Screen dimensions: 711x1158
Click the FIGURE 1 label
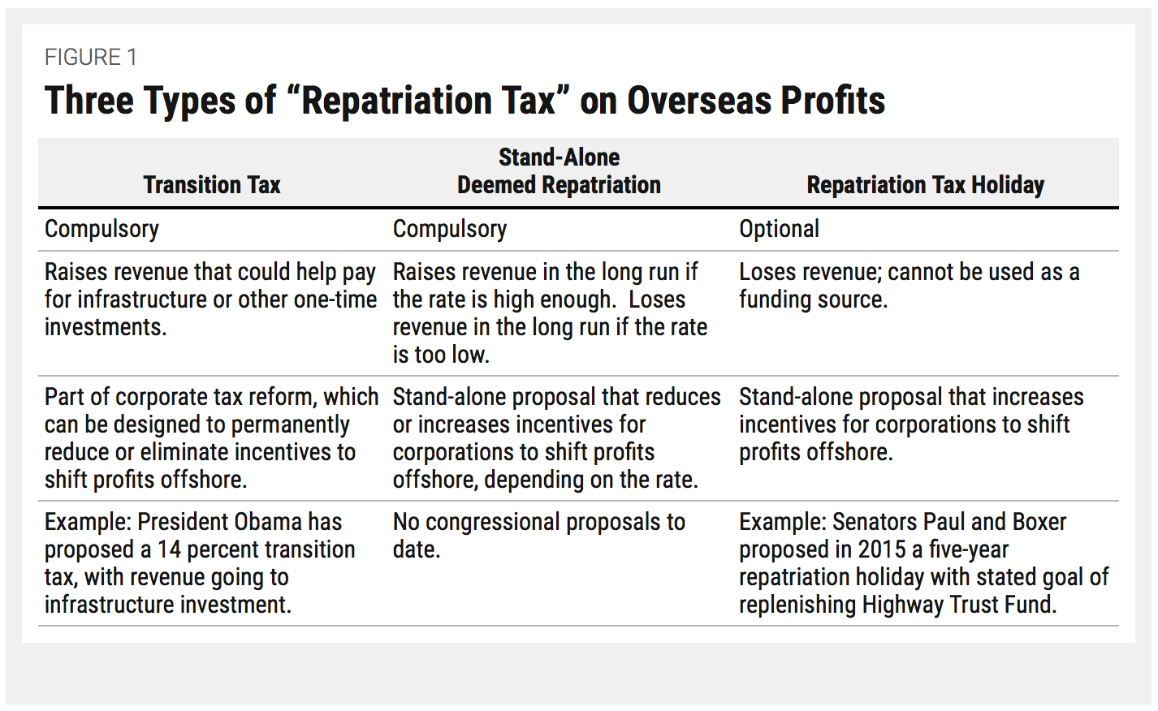point(90,58)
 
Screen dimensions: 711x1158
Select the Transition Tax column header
point(212,185)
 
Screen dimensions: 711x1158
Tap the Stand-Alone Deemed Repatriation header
point(559,171)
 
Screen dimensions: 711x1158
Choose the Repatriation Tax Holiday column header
point(925,185)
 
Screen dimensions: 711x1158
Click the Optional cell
point(779,229)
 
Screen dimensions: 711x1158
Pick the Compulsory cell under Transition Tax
point(102,229)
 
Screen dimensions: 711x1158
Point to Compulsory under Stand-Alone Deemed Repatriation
point(450,229)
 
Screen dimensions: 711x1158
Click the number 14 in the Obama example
point(168,549)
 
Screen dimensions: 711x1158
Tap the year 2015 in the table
point(881,549)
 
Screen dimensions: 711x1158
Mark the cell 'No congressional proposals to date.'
point(538,535)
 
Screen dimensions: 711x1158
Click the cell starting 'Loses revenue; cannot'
point(909,286)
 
